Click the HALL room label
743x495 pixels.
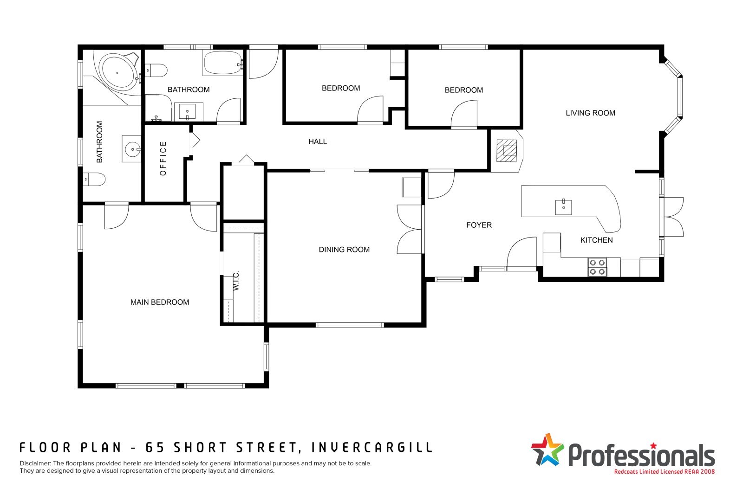(x=318, y=141)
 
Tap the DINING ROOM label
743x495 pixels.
(x=344, y=250)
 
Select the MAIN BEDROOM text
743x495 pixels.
(x=160, y=302)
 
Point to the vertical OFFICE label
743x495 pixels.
(x=163, y=158)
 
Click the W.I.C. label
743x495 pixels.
(x=236, y=281)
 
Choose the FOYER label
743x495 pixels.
(x=479, y=225)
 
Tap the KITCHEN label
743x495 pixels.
(x=596, y=240)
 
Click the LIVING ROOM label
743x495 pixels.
(x=590, y=113)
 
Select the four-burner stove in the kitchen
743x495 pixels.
(x=597, y=267)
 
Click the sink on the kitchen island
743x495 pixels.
(x=564, y=207)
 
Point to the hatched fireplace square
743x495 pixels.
(x=507, y=151)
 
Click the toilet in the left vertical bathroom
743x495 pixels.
(x=94, y=179)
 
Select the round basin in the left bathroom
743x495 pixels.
(x=133, y=149)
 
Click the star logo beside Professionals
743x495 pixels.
(x=547, y=450)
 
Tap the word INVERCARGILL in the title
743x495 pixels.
(x=372, y=448)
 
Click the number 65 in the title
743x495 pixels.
(x=155, y=448)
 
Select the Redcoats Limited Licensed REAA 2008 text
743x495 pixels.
(x=665, y=471)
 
